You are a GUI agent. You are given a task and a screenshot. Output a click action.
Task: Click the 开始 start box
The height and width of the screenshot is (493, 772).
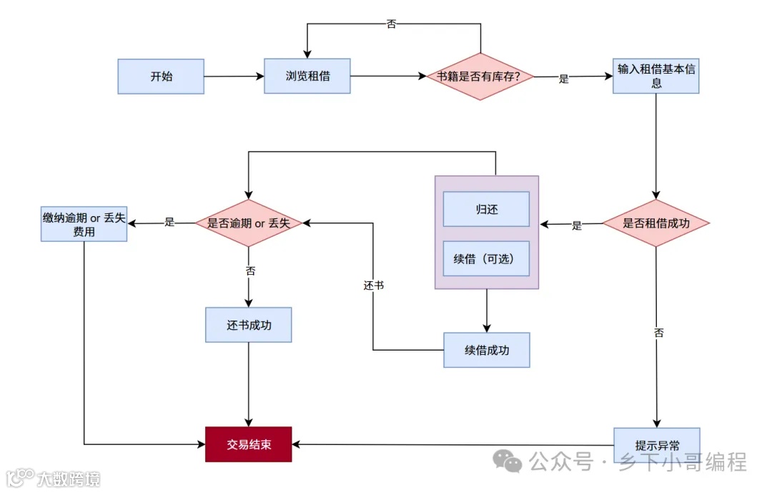point(161,77)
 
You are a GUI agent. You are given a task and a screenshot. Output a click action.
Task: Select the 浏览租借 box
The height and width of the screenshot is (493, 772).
point(307,76)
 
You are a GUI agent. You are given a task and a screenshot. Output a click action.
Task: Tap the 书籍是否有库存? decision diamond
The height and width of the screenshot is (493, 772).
point(480,76)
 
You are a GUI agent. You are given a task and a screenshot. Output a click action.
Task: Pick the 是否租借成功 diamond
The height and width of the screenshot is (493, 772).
point(656,223)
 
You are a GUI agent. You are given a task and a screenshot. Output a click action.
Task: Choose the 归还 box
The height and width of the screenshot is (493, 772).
point(486,209)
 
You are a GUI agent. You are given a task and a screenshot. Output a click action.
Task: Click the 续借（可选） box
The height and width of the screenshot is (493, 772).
point(486,258)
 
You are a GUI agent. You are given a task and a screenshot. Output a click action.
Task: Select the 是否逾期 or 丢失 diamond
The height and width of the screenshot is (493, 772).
point(249,223)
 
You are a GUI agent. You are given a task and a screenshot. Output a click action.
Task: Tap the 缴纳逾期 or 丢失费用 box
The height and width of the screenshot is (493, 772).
point(84,224)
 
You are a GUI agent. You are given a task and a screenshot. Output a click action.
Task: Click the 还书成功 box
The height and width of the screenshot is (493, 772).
point(249,325)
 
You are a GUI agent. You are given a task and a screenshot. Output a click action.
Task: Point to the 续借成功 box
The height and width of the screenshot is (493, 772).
point(486,350)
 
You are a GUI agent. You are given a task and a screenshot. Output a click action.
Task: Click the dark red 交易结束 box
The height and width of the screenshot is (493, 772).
point(249,444)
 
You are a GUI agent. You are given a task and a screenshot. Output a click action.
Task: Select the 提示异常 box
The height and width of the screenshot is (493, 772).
point(656,444)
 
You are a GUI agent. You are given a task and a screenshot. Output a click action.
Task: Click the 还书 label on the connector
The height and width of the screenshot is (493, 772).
point(373,285)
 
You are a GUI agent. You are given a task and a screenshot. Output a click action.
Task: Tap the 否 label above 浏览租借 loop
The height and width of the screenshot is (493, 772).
point(391,24)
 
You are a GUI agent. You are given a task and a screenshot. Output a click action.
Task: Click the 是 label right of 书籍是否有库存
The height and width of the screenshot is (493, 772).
point(564,79)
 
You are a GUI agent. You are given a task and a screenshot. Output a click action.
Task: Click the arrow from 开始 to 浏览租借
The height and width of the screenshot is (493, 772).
point(234,77)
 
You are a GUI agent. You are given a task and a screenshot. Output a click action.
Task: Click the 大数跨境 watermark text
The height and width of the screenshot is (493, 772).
point(68,478)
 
